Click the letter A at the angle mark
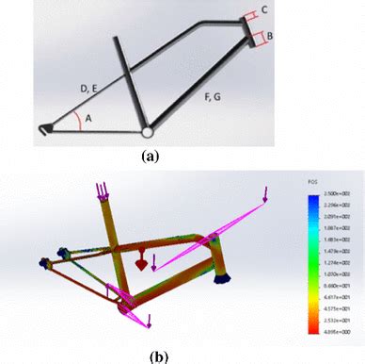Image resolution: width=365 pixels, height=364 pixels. (x=89, y=118)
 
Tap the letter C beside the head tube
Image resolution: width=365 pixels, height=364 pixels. (x=265, y=10)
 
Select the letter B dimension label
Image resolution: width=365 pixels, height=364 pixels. (x=270, y=36)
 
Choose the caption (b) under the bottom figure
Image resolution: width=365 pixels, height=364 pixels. (x=157, y=356)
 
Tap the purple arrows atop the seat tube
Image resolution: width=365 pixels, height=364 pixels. (x=101, y=191)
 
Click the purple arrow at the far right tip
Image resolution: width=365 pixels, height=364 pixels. (x=268, y=194)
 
